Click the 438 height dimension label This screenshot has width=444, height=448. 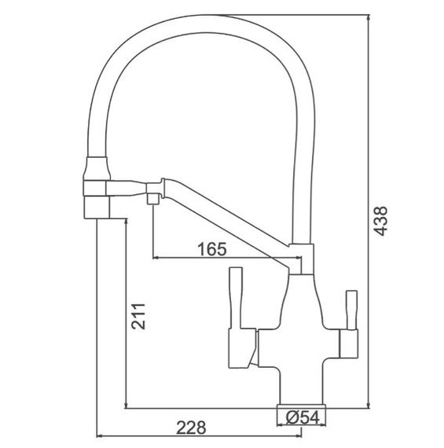381,221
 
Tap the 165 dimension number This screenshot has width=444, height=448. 212,249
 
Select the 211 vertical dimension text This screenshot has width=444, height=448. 138,316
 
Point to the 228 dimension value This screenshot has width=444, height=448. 191,428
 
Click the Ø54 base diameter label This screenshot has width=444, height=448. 303,418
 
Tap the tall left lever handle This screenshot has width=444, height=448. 236,298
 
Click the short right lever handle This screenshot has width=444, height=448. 351,310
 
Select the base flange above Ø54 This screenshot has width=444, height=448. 301,406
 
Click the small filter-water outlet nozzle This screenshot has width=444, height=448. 153,199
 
